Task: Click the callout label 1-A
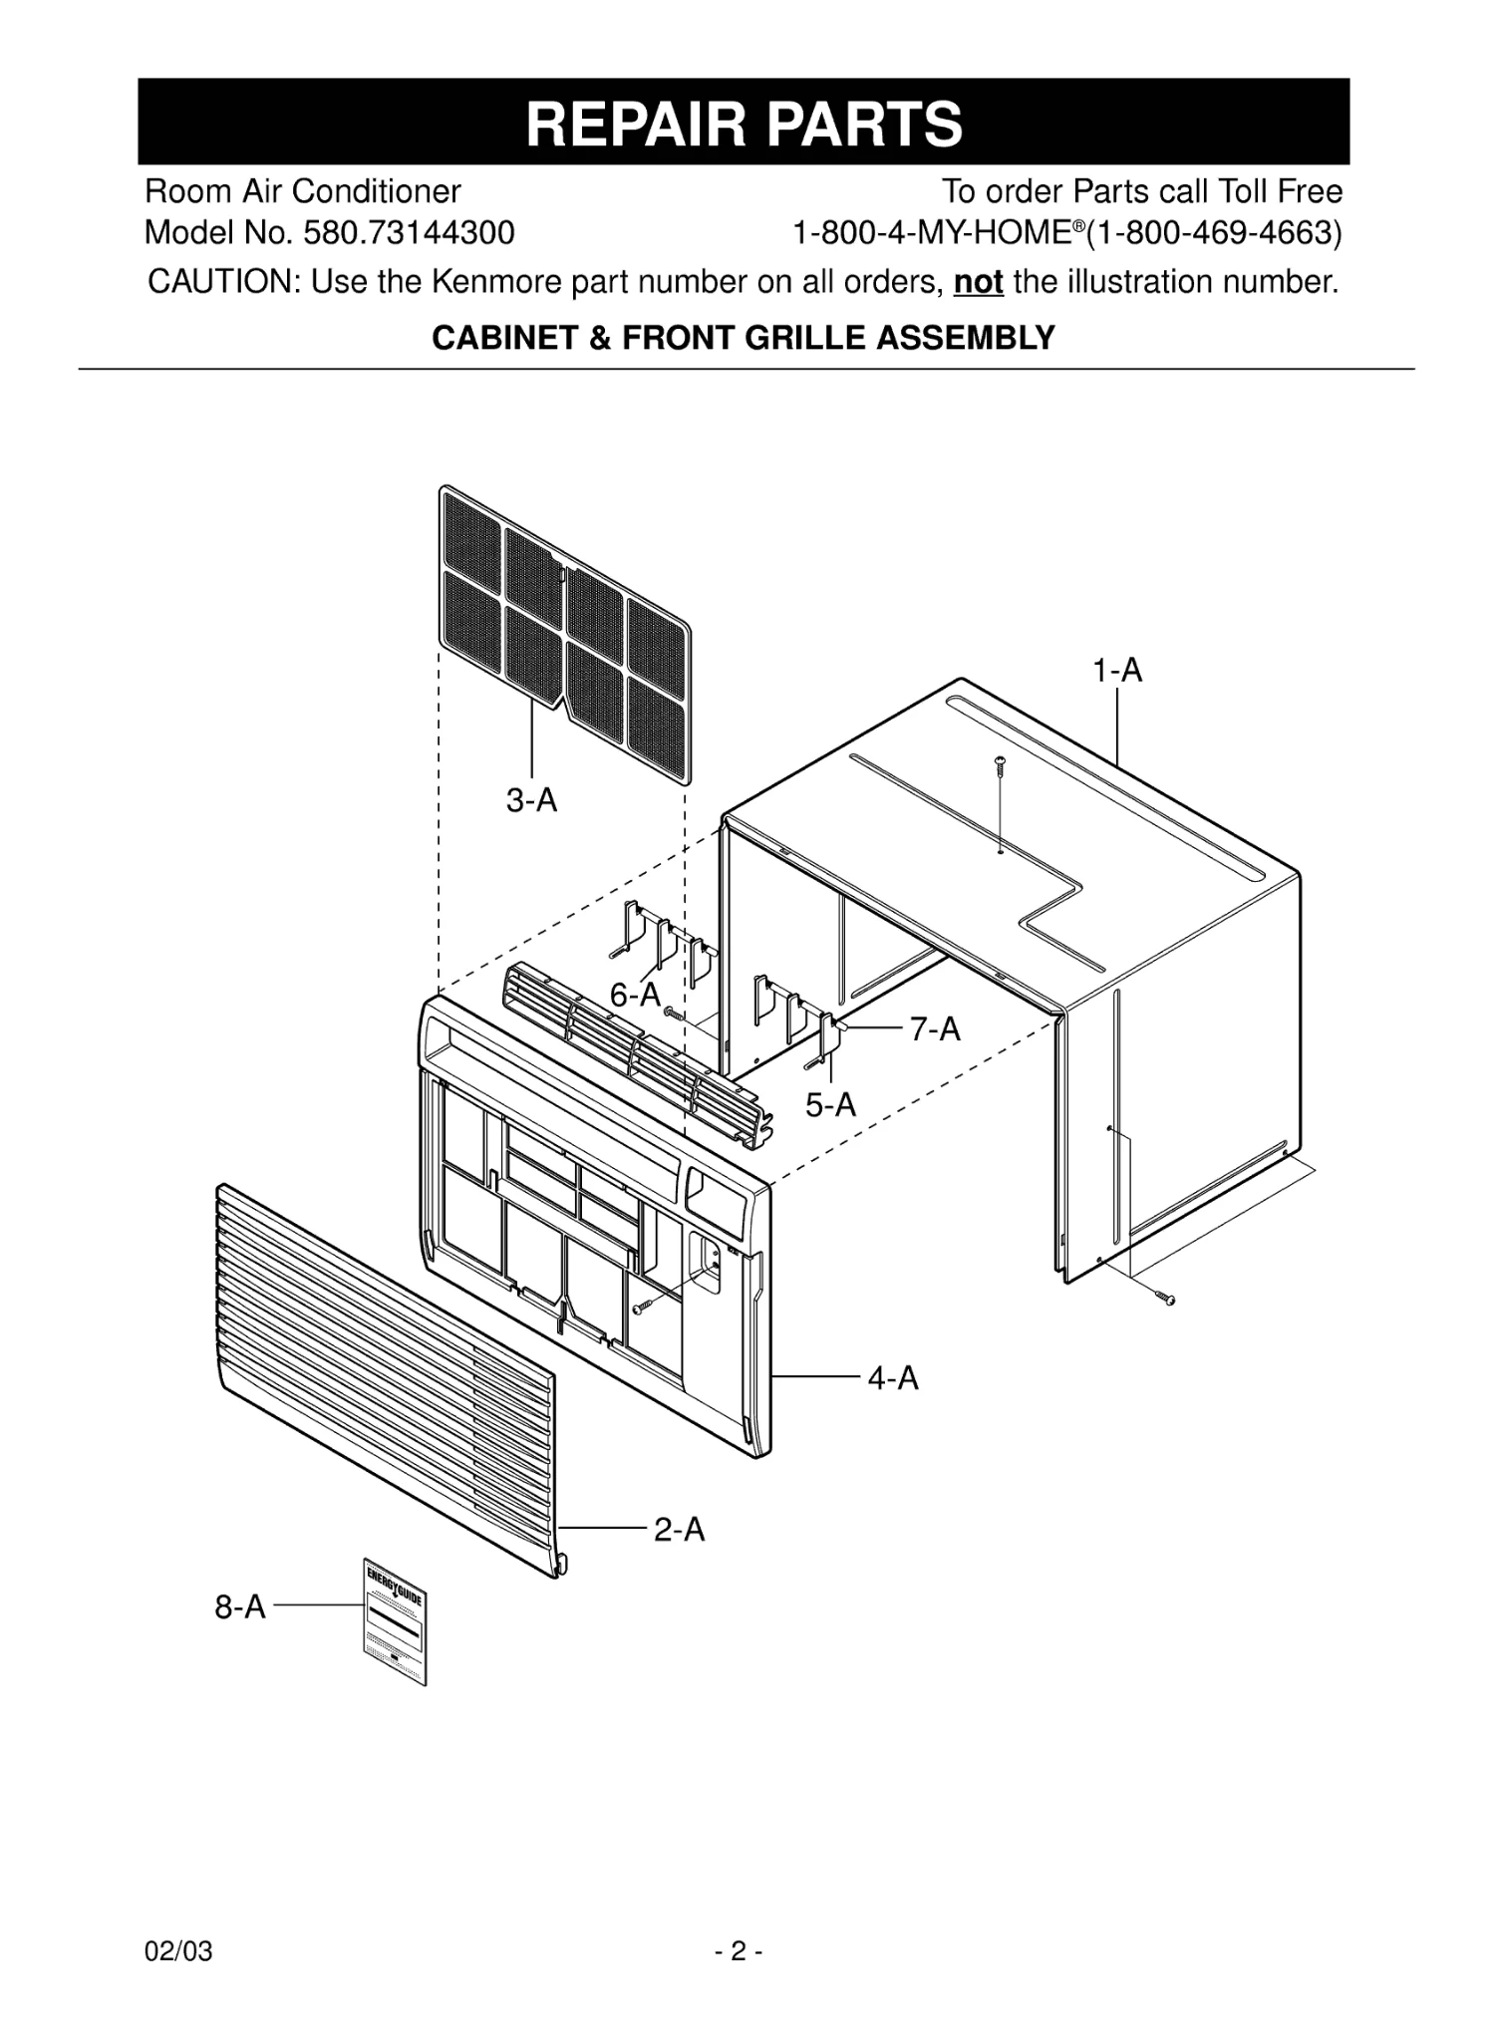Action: [1116, 671]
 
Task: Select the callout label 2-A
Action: [679, 1529]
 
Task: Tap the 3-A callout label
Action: [531, 799]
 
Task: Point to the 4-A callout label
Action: [892, 1378]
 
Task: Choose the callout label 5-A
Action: [830, 1104]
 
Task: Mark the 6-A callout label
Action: [635, 994]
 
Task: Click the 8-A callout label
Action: [241, 1606]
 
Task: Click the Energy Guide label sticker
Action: [394, 1620]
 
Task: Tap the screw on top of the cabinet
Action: [1000, 765]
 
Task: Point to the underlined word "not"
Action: [978, 282]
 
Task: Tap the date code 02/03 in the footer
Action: [178, 1951]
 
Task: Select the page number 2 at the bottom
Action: [738, 1951]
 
